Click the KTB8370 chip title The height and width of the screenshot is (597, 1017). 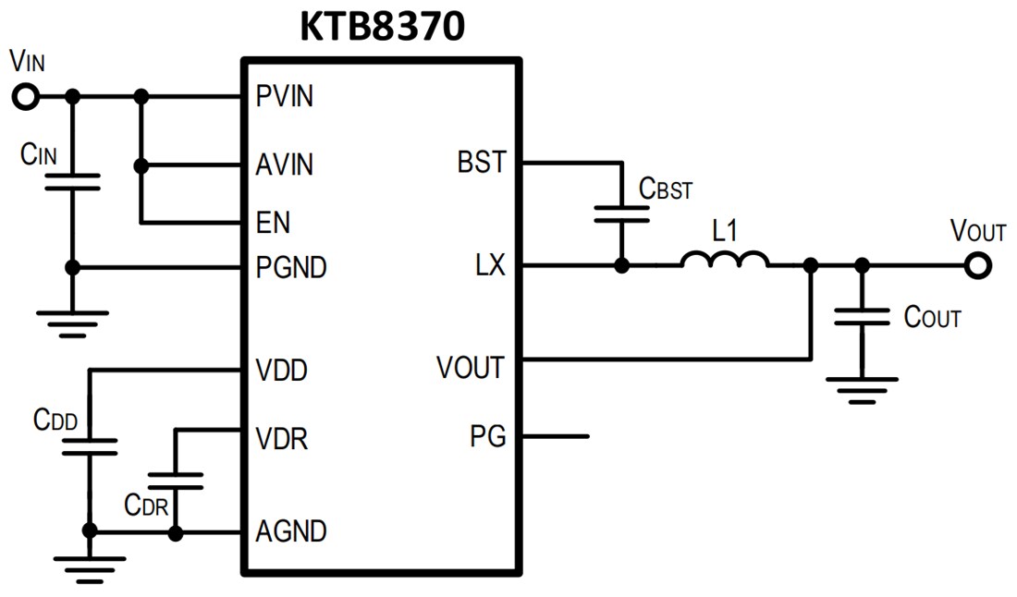[381, 27]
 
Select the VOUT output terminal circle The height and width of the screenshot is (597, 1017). [976, 266]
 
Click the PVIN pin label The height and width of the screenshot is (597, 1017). [285, 96]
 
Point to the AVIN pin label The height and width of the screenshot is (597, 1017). [285, 165]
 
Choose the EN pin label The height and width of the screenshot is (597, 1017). [273, 223]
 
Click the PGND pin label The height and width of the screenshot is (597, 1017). [291, 268]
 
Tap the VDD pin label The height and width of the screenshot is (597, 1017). [281, 371]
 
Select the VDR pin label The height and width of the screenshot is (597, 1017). [281, 438]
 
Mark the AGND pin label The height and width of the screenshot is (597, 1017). [291, 532]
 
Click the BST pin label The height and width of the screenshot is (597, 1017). [482, 163]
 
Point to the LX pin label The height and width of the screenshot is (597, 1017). [490, 266]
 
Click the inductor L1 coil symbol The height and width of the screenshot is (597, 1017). [725, 261]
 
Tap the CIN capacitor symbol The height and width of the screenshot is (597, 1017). [73, 181]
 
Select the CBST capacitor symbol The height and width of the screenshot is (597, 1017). [621, 214]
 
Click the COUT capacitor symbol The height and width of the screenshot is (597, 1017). [862, 318]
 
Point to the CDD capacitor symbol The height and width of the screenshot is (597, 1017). [90, 446]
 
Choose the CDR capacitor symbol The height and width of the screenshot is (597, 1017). [176, 480]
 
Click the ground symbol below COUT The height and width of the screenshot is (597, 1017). [862, 387]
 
